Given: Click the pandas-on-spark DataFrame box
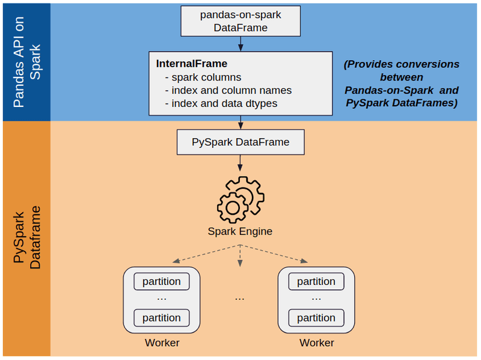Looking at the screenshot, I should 240,20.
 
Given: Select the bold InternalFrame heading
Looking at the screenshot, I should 192,63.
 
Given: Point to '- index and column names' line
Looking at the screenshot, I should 228,90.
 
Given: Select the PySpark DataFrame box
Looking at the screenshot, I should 240,142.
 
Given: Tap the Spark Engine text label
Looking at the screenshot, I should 240,231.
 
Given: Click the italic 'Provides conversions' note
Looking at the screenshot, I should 401,84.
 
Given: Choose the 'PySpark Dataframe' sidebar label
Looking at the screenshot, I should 26,237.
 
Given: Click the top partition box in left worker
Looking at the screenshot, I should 162,281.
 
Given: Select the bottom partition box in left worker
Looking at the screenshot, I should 162,317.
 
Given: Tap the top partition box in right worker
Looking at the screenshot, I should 316,281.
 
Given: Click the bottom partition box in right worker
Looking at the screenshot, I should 316,317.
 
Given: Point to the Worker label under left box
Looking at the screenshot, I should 162,343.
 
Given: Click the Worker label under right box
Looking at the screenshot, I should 316,343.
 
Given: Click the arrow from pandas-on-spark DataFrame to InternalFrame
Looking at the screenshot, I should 240,44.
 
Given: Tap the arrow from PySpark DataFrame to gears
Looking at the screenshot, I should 240,163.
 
